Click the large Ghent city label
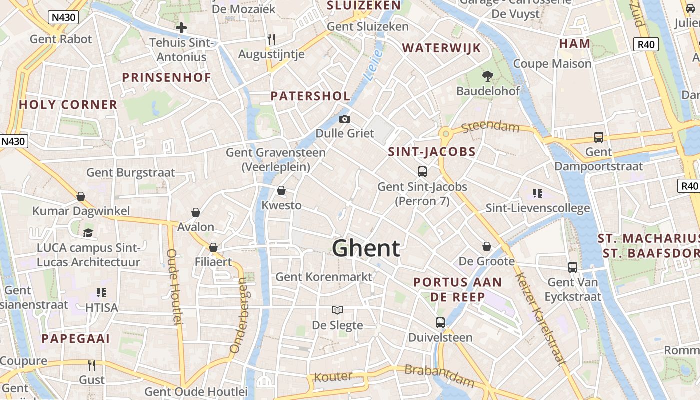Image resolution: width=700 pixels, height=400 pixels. [x=366, y=248]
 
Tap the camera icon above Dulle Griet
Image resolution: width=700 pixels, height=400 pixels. [x=344, y=119]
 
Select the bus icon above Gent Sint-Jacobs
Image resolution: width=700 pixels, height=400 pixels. [x=422, y=172]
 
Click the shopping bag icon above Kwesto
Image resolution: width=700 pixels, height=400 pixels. [x=281, y=190]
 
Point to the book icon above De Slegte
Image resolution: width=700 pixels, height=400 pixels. [x=337, y=310]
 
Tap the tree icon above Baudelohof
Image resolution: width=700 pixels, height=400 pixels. [x=487, y=76]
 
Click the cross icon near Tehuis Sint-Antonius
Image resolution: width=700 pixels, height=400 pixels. [x=181, y=28]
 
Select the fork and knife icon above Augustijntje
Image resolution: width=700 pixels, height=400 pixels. [x=271, y=39]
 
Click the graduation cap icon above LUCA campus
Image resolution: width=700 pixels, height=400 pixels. [x=88, y=233]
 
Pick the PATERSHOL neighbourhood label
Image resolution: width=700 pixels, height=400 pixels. [x=310, y=96]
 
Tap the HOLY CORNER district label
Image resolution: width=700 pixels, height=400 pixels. [x=68, y=105]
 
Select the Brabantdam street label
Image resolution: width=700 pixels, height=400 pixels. [x=439, y=376]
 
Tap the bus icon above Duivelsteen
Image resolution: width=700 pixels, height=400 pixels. [x=440, y=323]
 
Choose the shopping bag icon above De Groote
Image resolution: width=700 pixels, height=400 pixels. [x=486, y=246]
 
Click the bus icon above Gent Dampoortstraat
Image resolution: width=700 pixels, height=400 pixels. [x=598, y=137]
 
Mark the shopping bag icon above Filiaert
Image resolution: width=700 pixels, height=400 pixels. [x=213, y=247]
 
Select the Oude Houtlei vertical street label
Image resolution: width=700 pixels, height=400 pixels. [x=174, y=287]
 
